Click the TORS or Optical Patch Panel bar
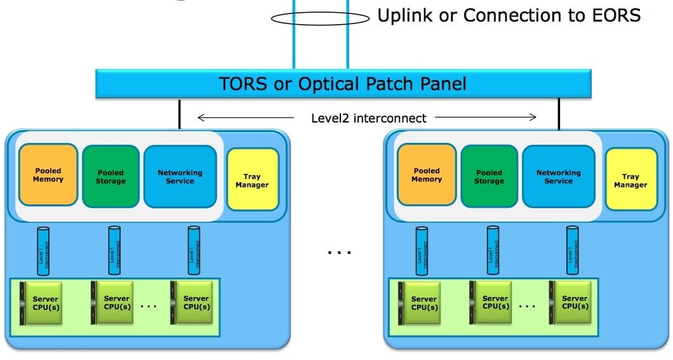point(343,84)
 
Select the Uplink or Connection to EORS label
point(509,16)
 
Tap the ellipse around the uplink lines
point(320,19)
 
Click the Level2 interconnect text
point(368,117)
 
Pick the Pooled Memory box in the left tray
point(48,175)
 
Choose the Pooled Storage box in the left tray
point(111,177)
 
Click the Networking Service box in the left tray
point(180,177)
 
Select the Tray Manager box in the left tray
point(252,180)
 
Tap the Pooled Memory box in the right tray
point(427,175)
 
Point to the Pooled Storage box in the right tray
point(490,177)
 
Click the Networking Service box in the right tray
point(558,177)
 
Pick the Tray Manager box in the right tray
point(630,180)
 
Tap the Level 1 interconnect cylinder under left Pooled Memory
point(43,251)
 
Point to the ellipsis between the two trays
point(340,252)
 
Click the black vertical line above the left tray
point(179,114)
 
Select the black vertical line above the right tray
point(559,114)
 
